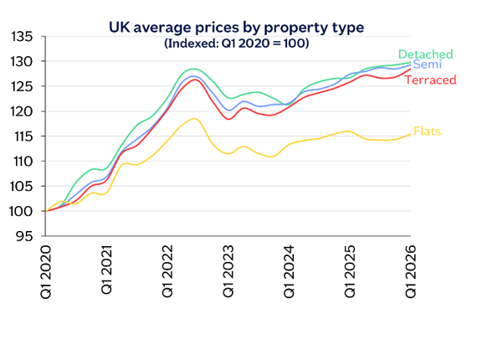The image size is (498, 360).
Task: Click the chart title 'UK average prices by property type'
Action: (x=237, y=28)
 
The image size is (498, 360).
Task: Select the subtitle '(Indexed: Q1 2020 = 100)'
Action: (x=237, y=43)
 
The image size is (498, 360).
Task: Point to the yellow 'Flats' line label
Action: (x=426, y=131)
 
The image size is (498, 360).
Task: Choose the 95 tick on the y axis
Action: (x=26, y=235)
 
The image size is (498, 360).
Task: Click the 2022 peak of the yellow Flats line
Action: (x=193, y=119)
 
